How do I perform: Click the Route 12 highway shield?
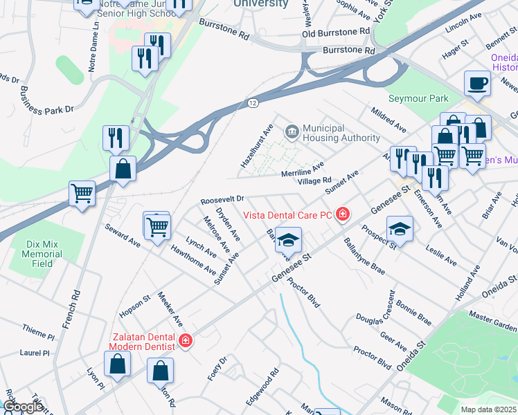click(x=253, y=102)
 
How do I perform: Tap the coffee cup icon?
click(x=477, y=84)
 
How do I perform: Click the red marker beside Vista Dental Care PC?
click(x=341, y=216)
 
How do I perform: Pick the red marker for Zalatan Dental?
click(x=185, y=340)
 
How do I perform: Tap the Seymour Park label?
click(x=418, y=99)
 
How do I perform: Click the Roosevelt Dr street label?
click(x=222, y=199)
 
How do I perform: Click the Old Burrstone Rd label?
click(x=337, y=33)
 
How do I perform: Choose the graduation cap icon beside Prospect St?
click(x=400, y=228)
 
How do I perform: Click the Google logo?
click(x=23, y=407)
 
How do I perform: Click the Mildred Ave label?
click(x=388, y=119)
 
